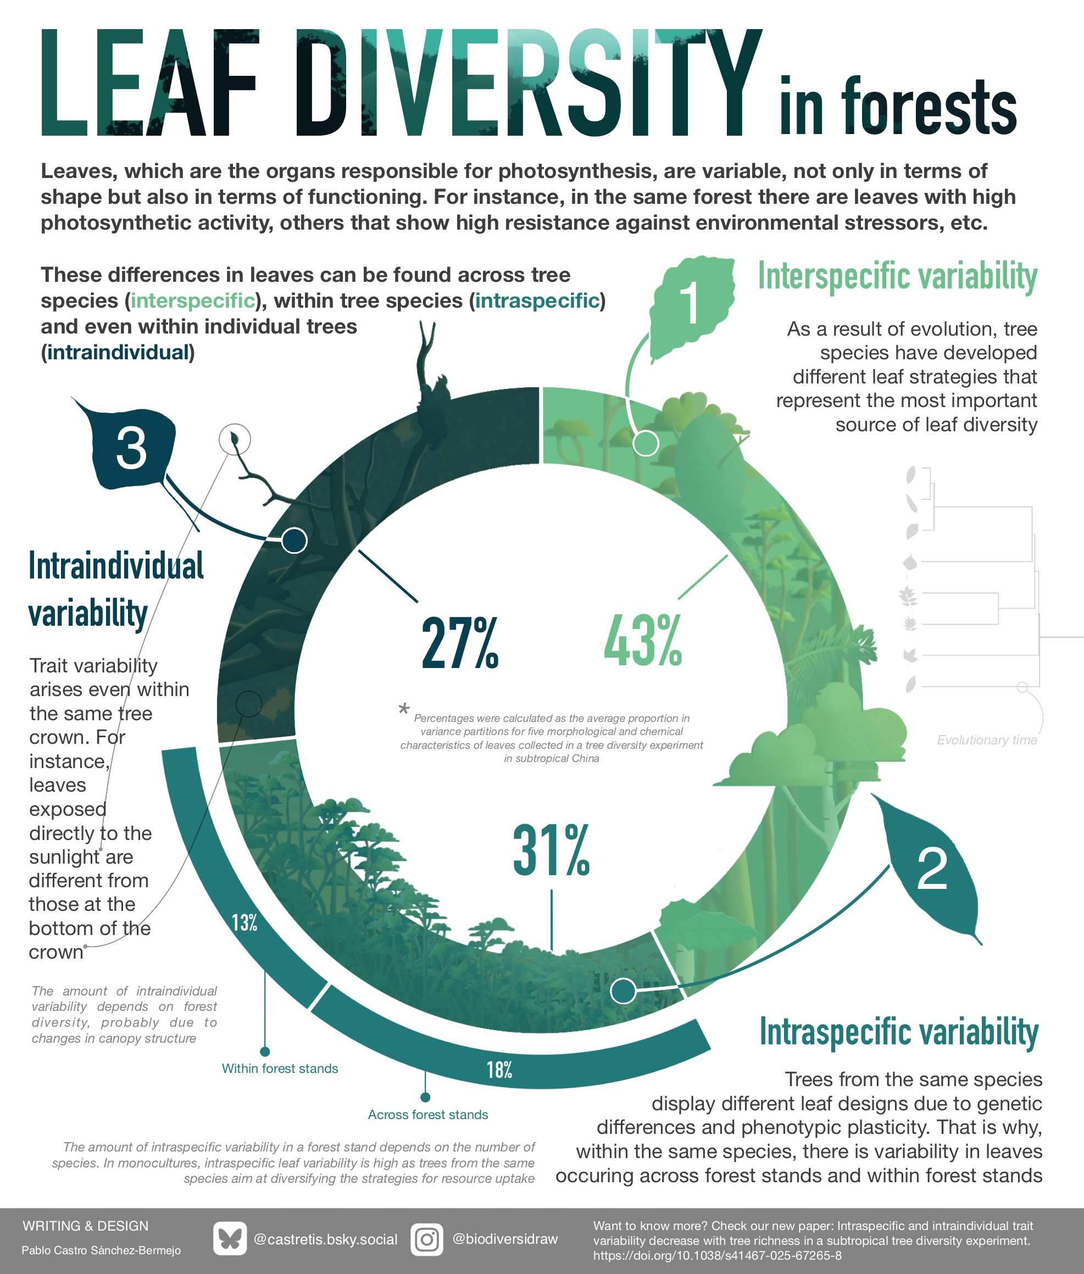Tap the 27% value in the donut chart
[x=460, y=643]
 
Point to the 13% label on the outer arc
[x=244, y=922]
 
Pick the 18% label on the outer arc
[x=499, y=1070]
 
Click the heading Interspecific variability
[x=897, y=276]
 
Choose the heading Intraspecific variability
[x=898, y=1032]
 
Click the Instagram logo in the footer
[x=426, y=1239]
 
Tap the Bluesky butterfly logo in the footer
[x=230, y=1239]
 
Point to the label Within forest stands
[x=280, y=1069]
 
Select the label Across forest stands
[x=427, y=1115]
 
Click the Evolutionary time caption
[x=986, y=740]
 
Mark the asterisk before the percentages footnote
[x=404, y=709]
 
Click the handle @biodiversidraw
[x=504, y=1239]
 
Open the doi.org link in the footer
[x=716, y=1255]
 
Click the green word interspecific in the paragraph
[x=193, y=301]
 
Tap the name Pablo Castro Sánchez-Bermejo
[x=102, y=1250]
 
